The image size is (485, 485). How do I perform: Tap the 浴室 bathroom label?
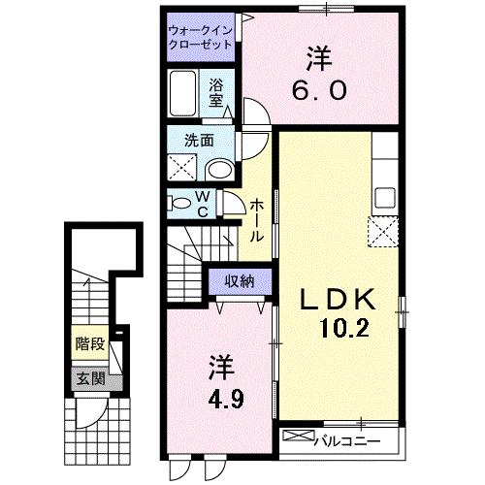215,91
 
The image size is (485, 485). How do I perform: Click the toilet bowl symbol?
180,203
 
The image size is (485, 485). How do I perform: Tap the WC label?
205,204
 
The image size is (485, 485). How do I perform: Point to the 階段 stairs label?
90,342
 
